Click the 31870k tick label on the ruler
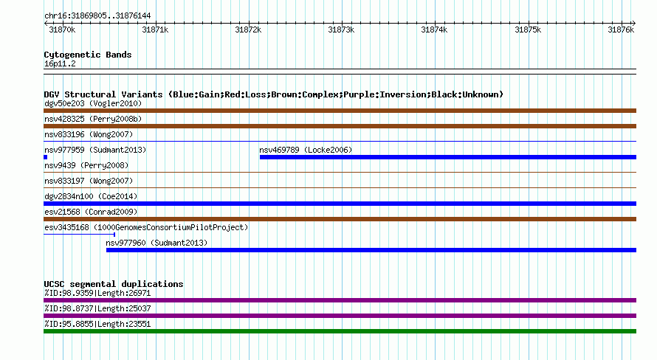point(62,30)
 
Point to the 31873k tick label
point(341,30)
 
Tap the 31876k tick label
point(621,30)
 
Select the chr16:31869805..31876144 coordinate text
point(97,16)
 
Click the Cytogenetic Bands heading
point(88,55)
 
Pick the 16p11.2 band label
point(60,63)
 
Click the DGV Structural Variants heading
point(274,94)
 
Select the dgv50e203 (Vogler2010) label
point(93,103)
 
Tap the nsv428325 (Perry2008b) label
point(93,119)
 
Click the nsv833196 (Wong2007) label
point(89,134)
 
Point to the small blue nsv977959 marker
point(45,157)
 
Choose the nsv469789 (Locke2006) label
point(306,150)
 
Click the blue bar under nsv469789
point(448,157)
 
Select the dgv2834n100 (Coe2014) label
point(91,196)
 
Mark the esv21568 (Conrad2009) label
point(91,212)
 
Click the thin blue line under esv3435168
point(79,235)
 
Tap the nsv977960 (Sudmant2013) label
point(156,243)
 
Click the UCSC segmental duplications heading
point(114,284)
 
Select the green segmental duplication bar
point(340,331)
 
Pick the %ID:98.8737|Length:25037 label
point(97,308)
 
